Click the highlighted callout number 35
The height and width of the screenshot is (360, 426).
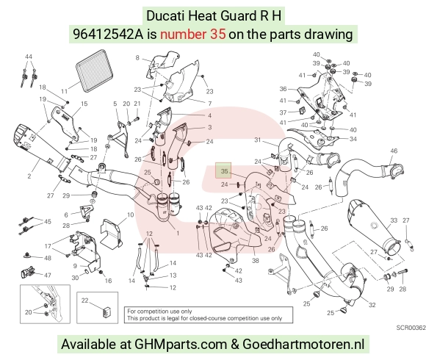(224, 171)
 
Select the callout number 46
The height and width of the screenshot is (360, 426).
(394, 151)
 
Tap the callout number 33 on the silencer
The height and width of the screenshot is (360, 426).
(394, 220)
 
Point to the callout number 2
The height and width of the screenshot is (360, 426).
(29, 176)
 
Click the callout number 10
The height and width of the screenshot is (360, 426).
(131, 215)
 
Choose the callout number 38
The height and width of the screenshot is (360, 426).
(256, 261)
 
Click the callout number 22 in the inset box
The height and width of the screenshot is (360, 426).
(84, 300)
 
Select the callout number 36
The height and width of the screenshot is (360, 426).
(283, 89)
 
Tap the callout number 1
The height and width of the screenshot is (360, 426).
(178, 233)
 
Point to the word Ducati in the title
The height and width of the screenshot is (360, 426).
(165, 15)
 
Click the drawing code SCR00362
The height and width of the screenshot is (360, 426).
(411, 328)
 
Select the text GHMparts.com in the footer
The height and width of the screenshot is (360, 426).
(181, 345)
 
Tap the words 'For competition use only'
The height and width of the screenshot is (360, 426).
(159, 312)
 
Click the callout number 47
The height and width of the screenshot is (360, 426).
(48, 276)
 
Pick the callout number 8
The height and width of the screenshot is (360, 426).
(137, 57)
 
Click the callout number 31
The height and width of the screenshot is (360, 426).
(257, 140)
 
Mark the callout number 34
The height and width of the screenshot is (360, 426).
(353, 139)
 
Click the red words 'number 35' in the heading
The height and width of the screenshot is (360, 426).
(193, 35)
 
